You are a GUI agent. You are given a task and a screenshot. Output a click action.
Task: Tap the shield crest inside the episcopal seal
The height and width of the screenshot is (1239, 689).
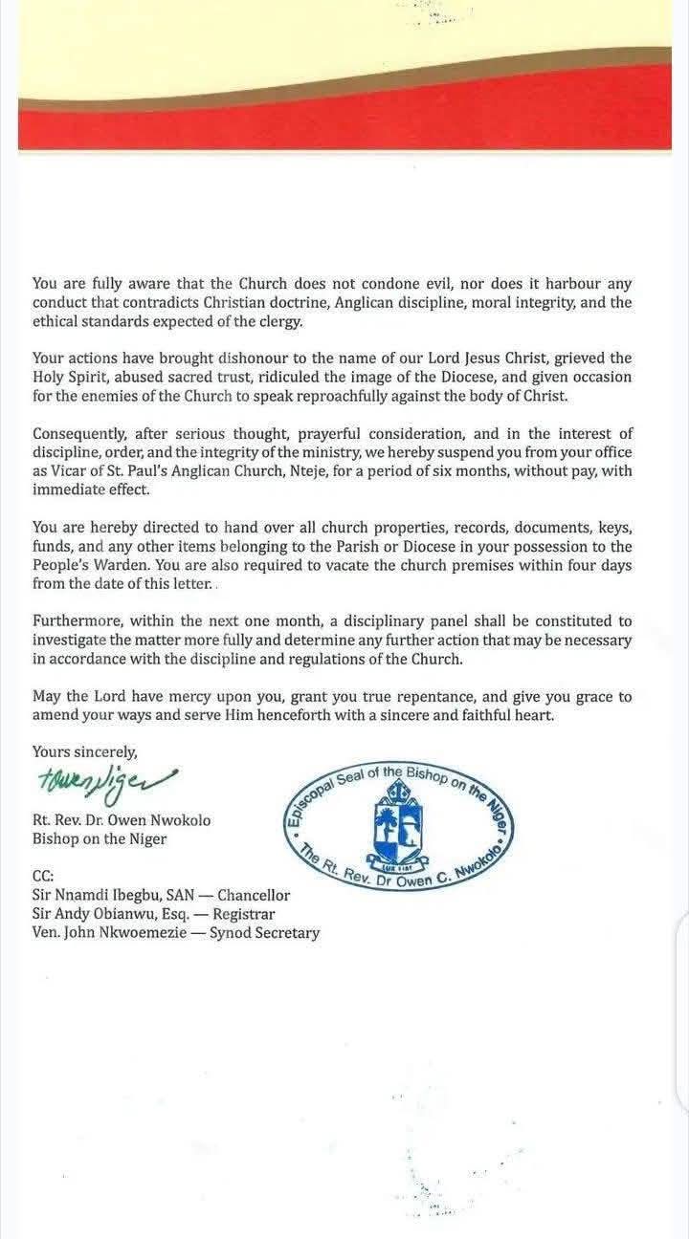click(x=397, y=822)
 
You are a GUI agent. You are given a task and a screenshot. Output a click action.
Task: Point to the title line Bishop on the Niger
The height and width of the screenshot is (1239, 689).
click(x=99, y=839)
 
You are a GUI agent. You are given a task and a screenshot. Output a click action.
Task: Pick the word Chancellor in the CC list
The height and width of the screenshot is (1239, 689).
click(x=254, y=896)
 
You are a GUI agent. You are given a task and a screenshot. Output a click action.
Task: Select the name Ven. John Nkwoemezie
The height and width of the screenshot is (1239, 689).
click(x=107, y=932)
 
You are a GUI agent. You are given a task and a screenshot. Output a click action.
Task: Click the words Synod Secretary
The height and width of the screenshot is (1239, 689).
click(x=265, y=932)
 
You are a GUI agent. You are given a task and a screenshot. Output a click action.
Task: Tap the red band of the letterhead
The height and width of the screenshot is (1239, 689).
click(x=344, y=124)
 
